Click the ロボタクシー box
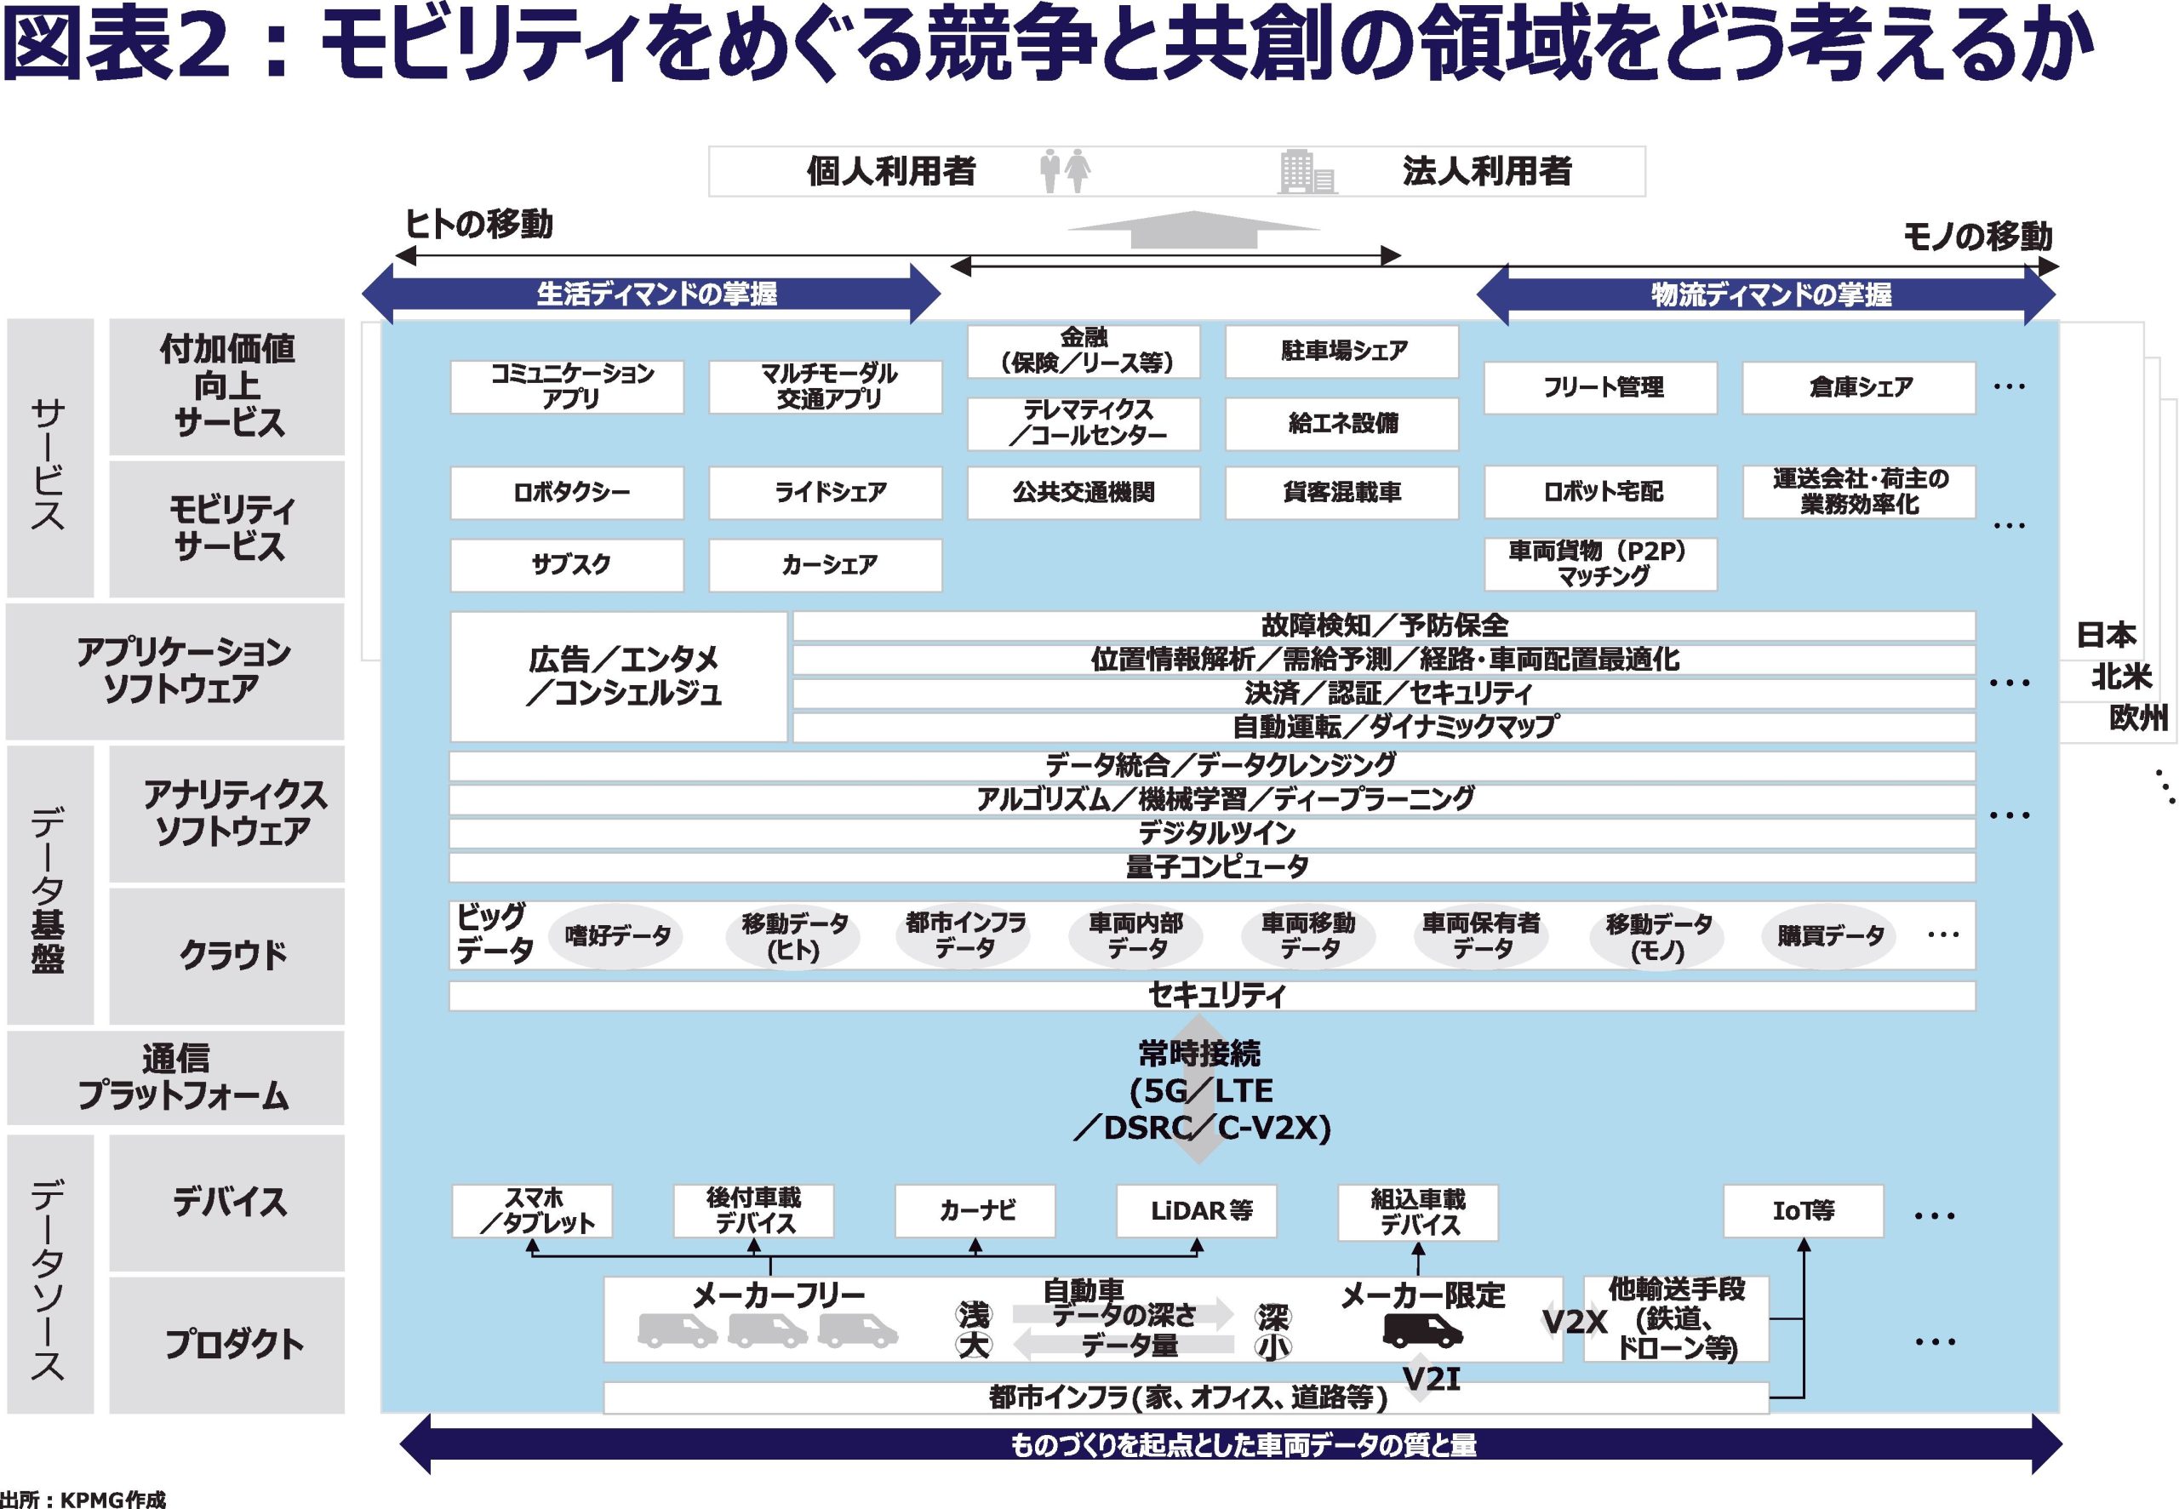click(566, 493)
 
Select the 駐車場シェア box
click(1341, 352)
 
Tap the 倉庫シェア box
click(1857, 387)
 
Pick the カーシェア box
click(826, 565)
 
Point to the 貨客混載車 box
click(1341, 493)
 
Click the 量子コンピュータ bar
click(1211, 867)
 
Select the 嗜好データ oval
click(615, 936)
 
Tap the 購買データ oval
click(1828, 936)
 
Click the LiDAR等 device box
click(1196, 1211)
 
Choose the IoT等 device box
click(1803, 1211)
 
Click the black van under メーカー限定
click(1421, 1330)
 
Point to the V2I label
click(1431, 1380)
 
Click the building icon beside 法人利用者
click(1307, 173)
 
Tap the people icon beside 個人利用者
click(1065, 172)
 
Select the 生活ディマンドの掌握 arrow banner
click(651, 294)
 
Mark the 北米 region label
click(2120, 677)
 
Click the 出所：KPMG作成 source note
click(83, 1499)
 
